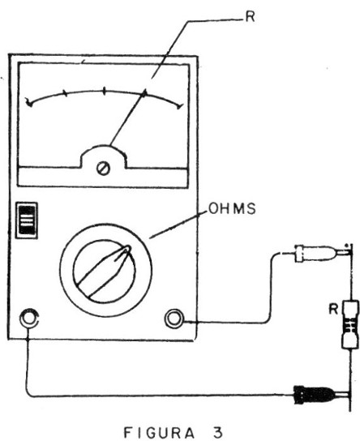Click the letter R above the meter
pos(250,17)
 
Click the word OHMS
pos(232,208)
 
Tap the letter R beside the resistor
pos(333,309)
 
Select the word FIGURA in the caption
pos(160,433)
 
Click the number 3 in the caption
pos(218,433)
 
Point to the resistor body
pos(350,325)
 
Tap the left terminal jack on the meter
pos(28,318)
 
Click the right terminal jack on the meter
pos(174,319)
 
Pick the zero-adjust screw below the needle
pos(103,169)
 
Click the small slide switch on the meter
pos(27,220)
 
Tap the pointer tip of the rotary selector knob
pos(128,248)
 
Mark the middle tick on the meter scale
pos(105,92)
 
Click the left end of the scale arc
pos(29,104)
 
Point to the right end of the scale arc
pos(180,107)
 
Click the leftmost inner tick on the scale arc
pos(66,94)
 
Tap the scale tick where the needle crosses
pos(144,93)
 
